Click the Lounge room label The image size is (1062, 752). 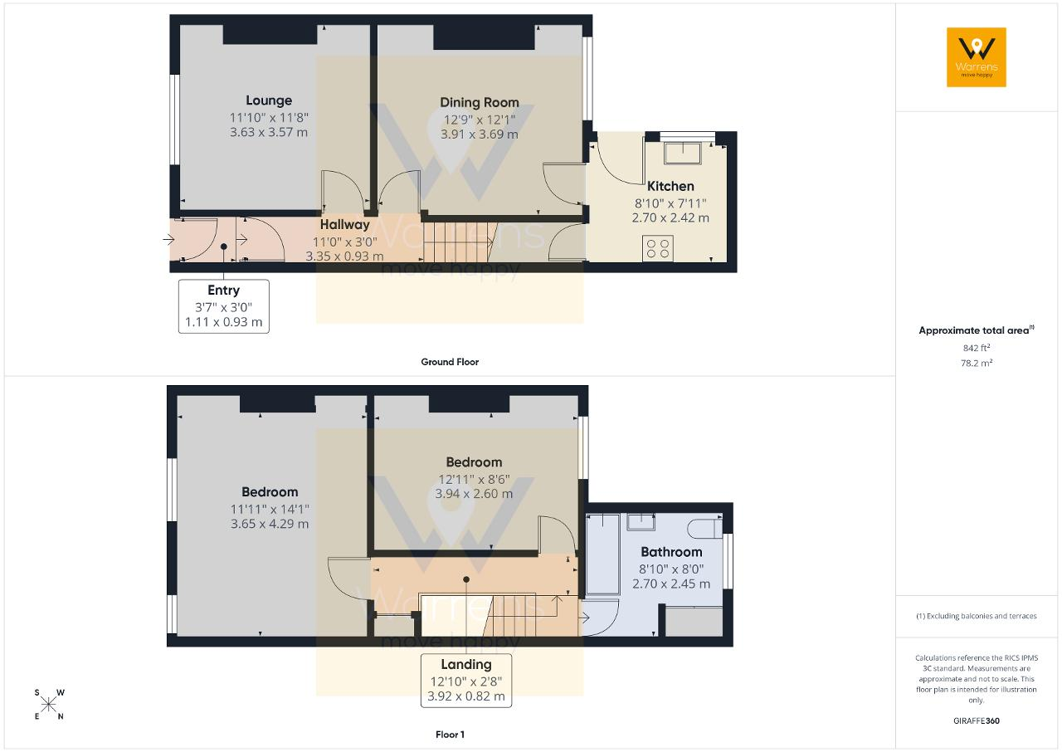pyautogui.click(x=269, y=100)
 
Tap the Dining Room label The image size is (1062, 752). pyautogui.click(x=480, y=102)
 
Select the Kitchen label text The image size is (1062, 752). pyautogui.click(x=670, y=186)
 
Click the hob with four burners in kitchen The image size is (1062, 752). pyautogui.click(x=658, y=248)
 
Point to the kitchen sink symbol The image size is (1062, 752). pyautogui.click(x=682, y=152)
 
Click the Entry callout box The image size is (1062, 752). pyautogui.click(x=224, y=306)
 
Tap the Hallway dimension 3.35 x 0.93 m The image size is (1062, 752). pyautogui.click(x=344, y=256)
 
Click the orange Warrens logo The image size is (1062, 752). pyautogui.click(x=977, y=57)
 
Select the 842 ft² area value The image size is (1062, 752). pyautogui.click(x=977, y=348)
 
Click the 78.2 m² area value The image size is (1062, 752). pyautogui.click(x=977, y=363)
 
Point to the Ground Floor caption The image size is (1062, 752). pyautogui.click(x=450, y=362)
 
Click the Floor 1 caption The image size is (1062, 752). pyautogui.click(x=450, y=735)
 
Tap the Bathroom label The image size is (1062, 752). pyautogui.click(x=671, y=552)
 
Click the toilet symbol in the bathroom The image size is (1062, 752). pyautogui.click(x=705, y=528)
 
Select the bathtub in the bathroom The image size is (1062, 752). pyautogui.click(x=603, y=554)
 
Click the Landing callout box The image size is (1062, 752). pyautogui.click(x=466, y=681)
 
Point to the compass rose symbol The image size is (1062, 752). pyautogui.click(x=49, y=705)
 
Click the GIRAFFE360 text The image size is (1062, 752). pyautogui.click(x=977, y=720)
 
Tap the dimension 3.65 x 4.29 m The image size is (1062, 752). pyautogui.click(x=270, y=524)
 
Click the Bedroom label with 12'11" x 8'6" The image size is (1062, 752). pyautogui.click(x=474, y=461)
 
